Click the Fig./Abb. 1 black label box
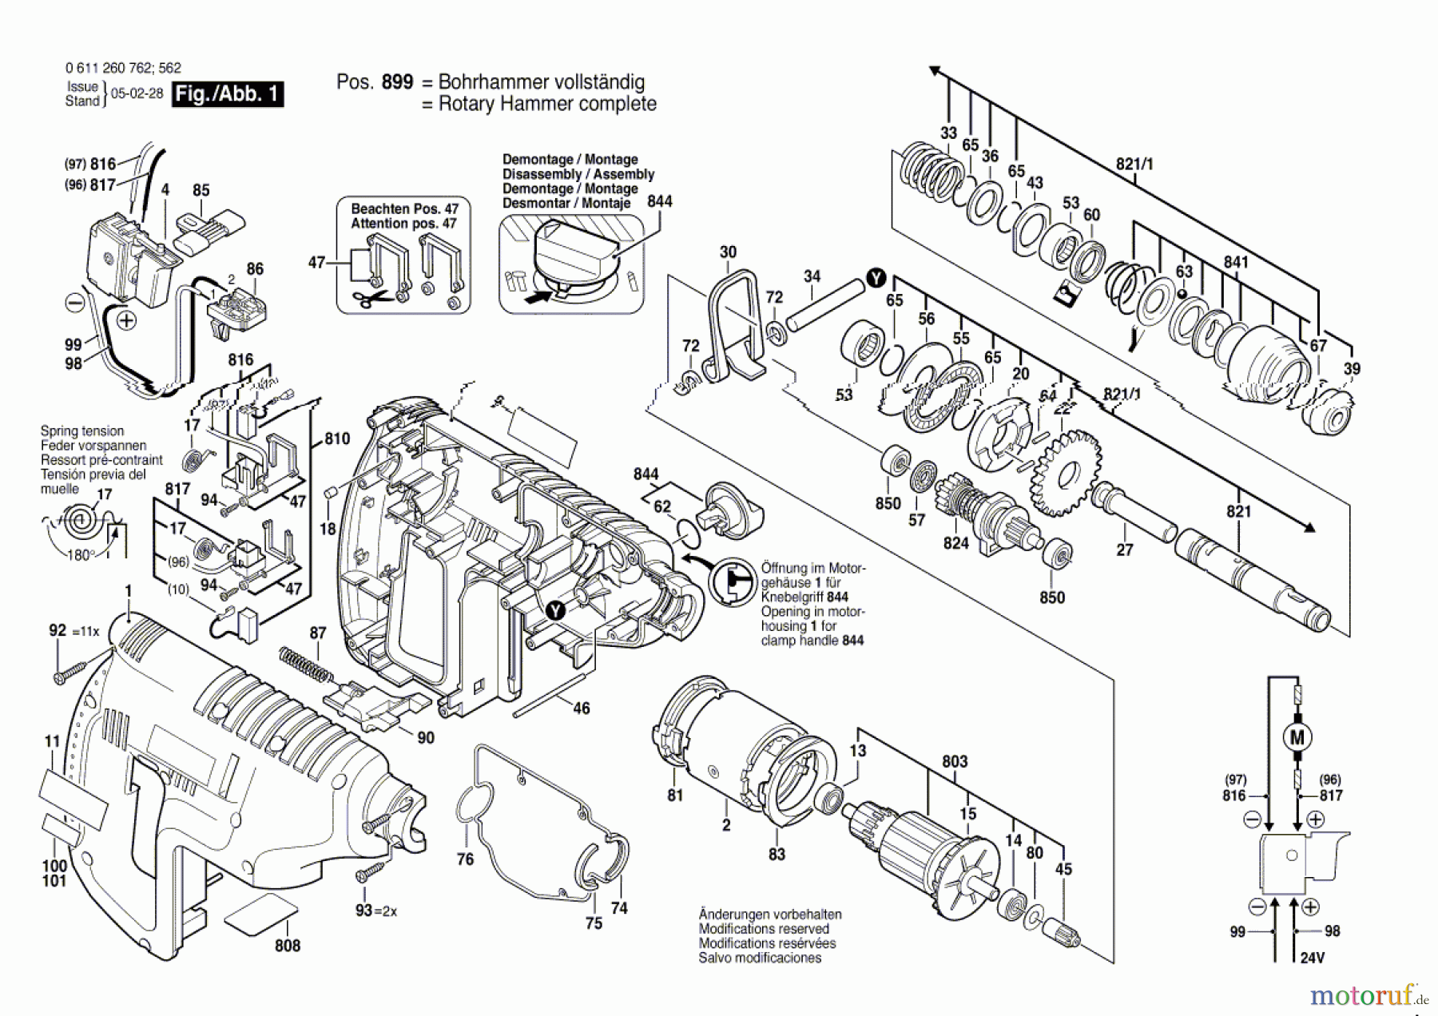(228, 94)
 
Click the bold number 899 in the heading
(397, 82)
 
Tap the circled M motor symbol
(1297, 737)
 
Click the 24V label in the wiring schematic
(1312, 958)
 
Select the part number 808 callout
(287, 946)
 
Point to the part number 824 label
(955, 543)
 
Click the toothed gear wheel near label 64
(1066, 472)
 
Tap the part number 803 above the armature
(955, 761)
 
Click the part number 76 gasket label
(465, 859)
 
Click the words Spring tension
(82, 431)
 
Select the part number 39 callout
(1351, 369)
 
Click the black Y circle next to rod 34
(876, 278)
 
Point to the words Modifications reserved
(764, 929)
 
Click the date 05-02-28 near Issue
(137, 93)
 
